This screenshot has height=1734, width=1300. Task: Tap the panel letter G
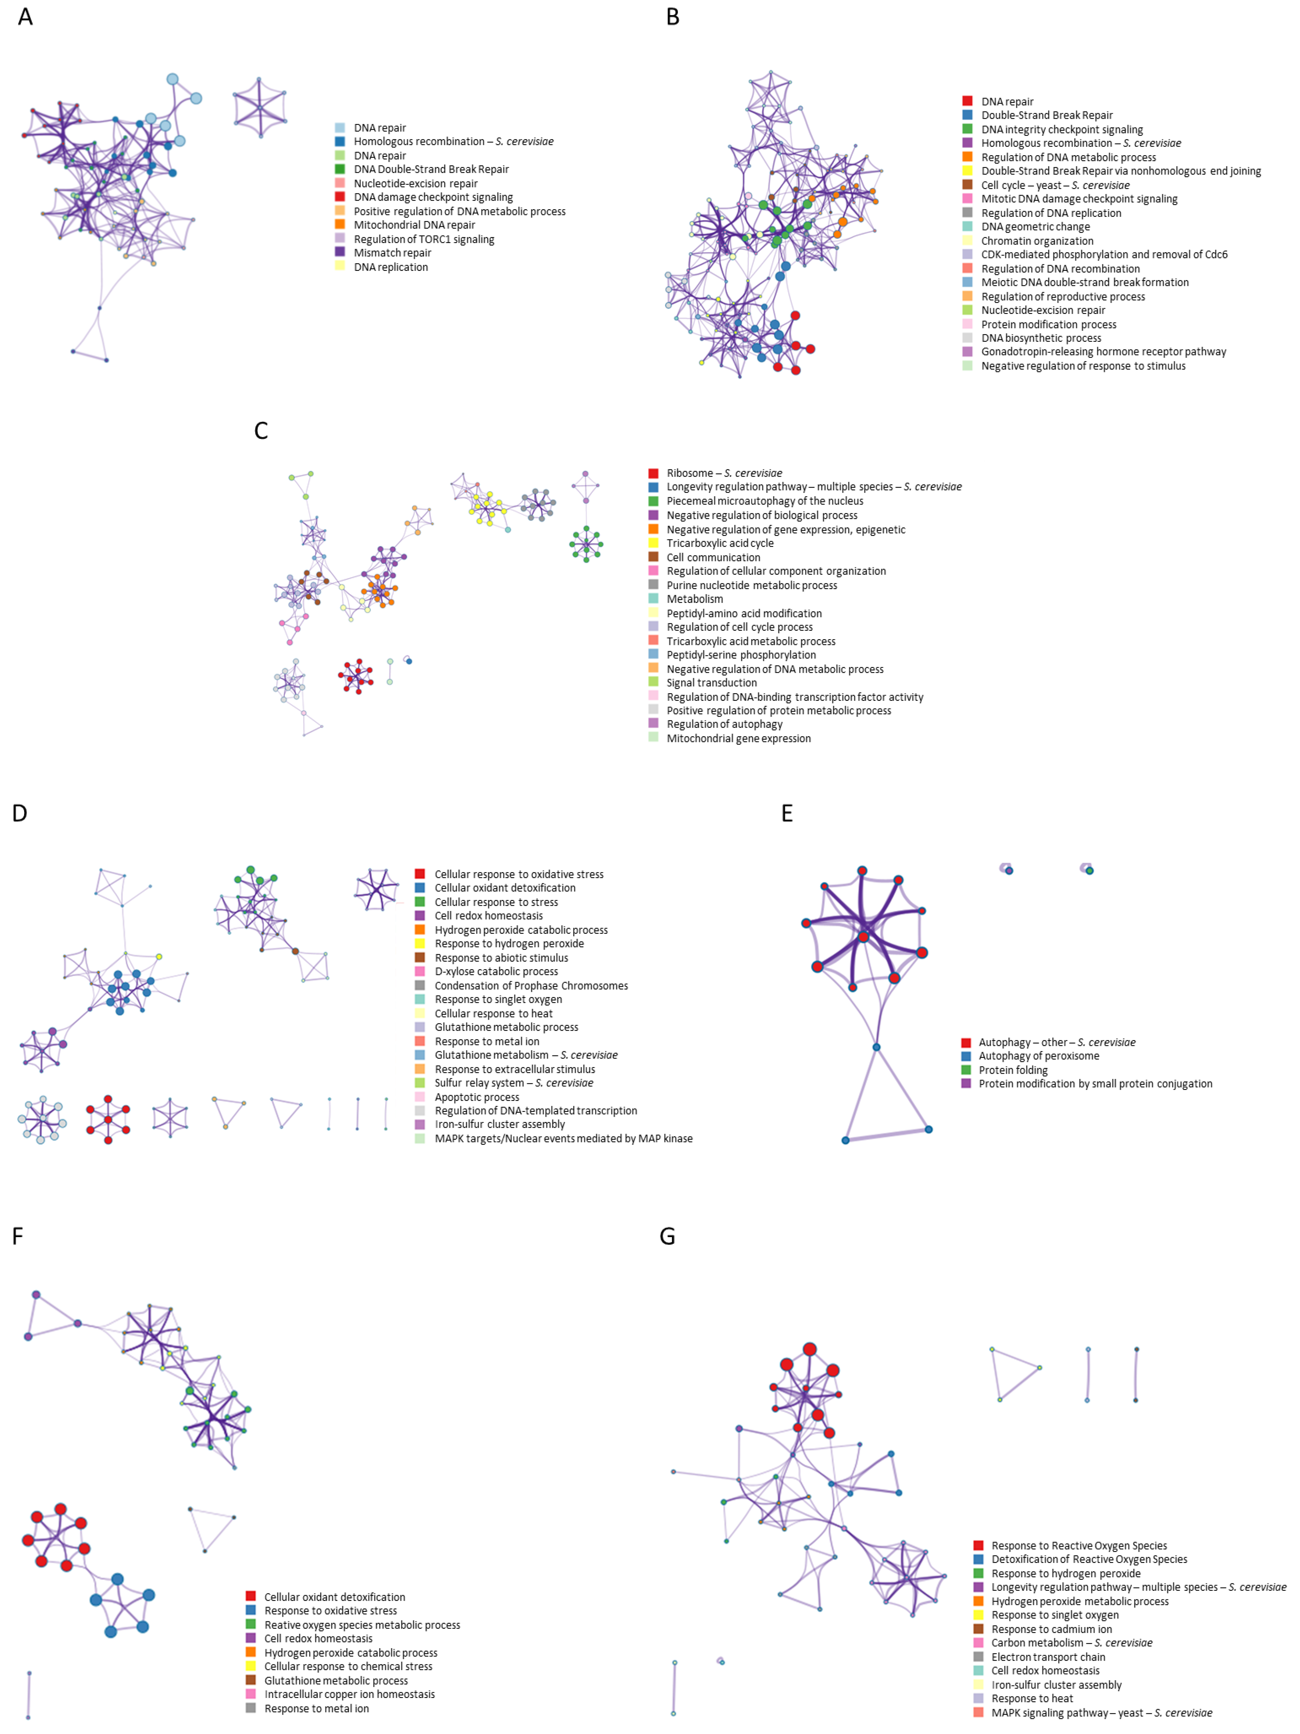(x=667, y=1236)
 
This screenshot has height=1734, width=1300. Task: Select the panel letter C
(x=261, y=430)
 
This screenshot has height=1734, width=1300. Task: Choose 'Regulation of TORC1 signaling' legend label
(x=423, y=239)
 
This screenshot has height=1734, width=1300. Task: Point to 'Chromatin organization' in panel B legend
(x=1037, y=241)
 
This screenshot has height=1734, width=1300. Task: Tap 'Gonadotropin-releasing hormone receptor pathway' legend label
(x=1103, y=352)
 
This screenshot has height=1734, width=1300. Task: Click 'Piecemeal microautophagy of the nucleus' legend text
(x=764, y=501)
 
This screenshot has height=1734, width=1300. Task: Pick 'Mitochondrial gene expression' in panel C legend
(x=738, y=738)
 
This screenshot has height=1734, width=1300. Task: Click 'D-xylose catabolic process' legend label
(x=496, y=971)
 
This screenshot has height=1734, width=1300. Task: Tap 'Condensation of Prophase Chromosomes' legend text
(x=531, y=985)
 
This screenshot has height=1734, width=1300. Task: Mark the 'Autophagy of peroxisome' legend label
(x=1038, y=1056)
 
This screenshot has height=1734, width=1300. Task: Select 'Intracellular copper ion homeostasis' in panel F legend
(x=349, y=1694)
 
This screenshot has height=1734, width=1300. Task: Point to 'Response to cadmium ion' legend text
(x=1051, y=1629)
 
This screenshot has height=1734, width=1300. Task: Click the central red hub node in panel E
(x=863, y=936)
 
